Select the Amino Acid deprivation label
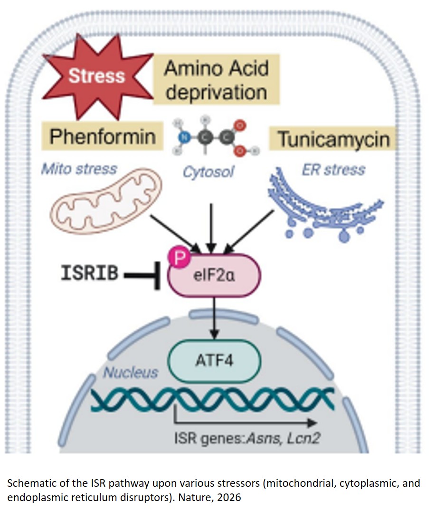pos(217,79)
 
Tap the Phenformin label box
pos(102,136)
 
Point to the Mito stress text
pos(78,168)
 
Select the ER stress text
pos(333,169)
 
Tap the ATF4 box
pos(215,360)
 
